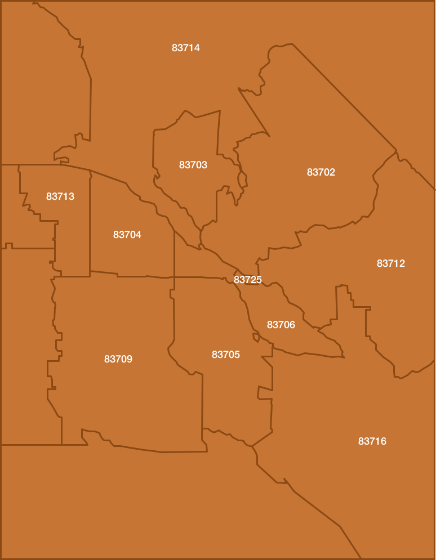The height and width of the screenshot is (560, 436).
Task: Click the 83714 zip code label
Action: tap(186, 48)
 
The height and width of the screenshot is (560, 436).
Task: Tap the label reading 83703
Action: tap(193, 165)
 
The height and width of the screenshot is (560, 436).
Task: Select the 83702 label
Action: tap(321, 172)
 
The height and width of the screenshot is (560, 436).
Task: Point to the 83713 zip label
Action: tap(60, 196)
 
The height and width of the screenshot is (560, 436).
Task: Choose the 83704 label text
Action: tap(127, 235)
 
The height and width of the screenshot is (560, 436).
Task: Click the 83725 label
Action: tap(248, 280)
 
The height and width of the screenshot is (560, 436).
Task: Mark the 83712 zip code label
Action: tap(391, 263)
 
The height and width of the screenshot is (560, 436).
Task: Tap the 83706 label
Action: tap(281, 325)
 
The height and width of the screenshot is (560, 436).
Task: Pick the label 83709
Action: tap(118, 359)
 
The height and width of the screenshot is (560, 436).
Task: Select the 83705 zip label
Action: tap(226, 355)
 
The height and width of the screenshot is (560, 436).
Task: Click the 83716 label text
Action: tap(372, 441)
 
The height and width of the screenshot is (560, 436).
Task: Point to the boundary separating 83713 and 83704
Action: tap(90, 225)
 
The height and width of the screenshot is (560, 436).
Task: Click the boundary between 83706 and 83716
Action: tap(304, 354)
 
